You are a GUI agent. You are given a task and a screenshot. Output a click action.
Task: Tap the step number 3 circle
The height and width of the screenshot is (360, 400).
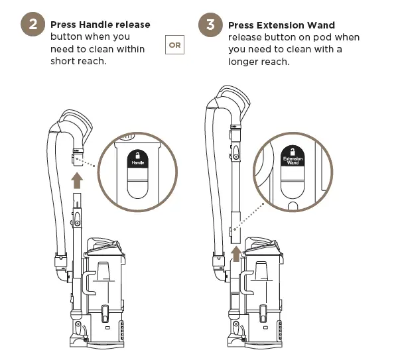coord(210,26)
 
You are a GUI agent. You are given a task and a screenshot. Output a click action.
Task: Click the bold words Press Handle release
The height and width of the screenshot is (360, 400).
coord(100,25)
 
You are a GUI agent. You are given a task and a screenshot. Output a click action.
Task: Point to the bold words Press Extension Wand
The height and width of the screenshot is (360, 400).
coord(281,25)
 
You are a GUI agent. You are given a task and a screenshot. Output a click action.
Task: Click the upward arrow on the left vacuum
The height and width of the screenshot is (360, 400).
coord(78,178)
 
